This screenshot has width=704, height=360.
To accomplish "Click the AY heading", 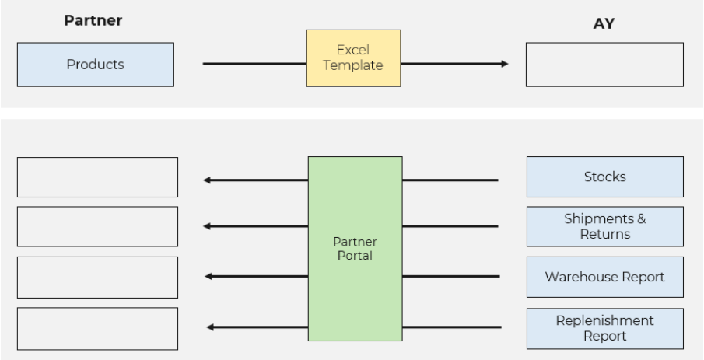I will (x=604, y=24).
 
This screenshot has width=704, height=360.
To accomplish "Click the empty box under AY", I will (x=604, y=64).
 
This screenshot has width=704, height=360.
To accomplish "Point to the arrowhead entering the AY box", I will (x=506, y=64).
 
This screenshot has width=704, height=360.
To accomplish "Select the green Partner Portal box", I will (x=355, y=249).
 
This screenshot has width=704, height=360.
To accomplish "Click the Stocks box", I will (x=604, y=177).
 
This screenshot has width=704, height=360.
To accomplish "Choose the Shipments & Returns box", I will (x=604, y=226).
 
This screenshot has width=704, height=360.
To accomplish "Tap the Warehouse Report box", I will (x=604, y=276).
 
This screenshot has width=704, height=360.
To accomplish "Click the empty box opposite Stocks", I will (x=96, y=177).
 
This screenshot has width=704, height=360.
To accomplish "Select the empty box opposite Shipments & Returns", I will (x=96, y=226).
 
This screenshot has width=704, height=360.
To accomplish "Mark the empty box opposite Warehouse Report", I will (x=96, y=276).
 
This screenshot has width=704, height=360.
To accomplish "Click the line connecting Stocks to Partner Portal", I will (x=450, y=180).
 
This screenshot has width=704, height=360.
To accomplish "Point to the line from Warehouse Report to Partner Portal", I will (x=450, y=276).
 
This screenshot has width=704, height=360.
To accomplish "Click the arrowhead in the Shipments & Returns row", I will (x=207, y=226).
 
